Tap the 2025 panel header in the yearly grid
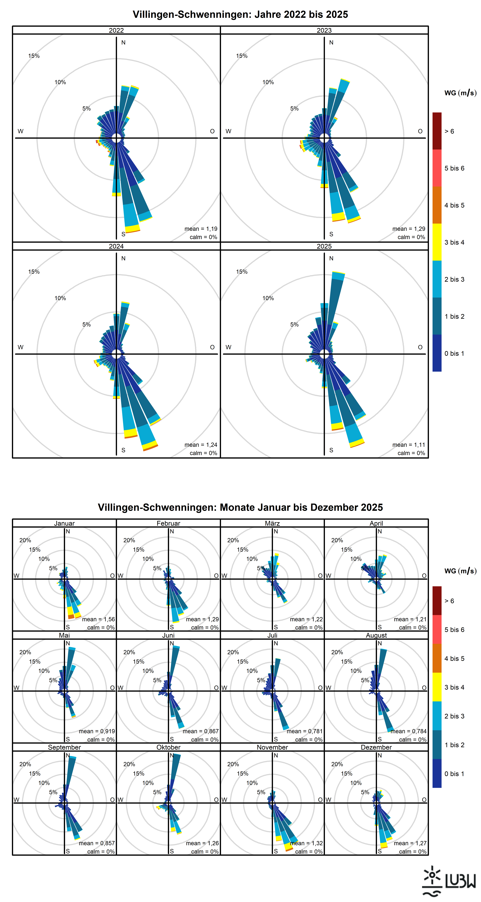click(x=324, y=246)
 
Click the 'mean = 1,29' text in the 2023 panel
click(x=408, y=229)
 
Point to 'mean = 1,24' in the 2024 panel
click(x=201, y=445)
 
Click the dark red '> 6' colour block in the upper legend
click(x=437, y=131)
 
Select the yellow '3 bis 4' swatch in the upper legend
click(x=437, y=242)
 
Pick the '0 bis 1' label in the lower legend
click(x=454, y=773)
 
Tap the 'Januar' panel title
click(x=64, y=523)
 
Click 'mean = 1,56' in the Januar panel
click(x=98, y=619)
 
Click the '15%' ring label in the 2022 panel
click(x=34, y=56)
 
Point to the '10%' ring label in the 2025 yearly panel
click(x=268, y=298)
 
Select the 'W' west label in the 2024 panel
click(x=21, y=347)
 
